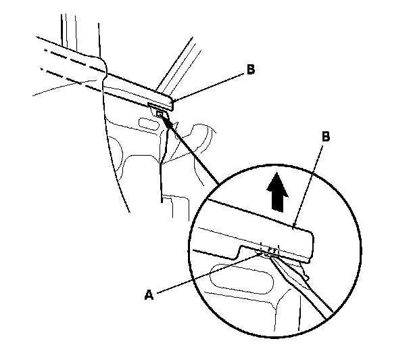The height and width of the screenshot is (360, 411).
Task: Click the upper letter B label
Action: [251, 70]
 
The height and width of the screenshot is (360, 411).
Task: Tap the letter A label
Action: [149, 295]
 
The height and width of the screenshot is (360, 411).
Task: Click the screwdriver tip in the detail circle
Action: [270, 256]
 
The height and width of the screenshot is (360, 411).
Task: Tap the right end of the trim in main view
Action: [173, 102]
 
